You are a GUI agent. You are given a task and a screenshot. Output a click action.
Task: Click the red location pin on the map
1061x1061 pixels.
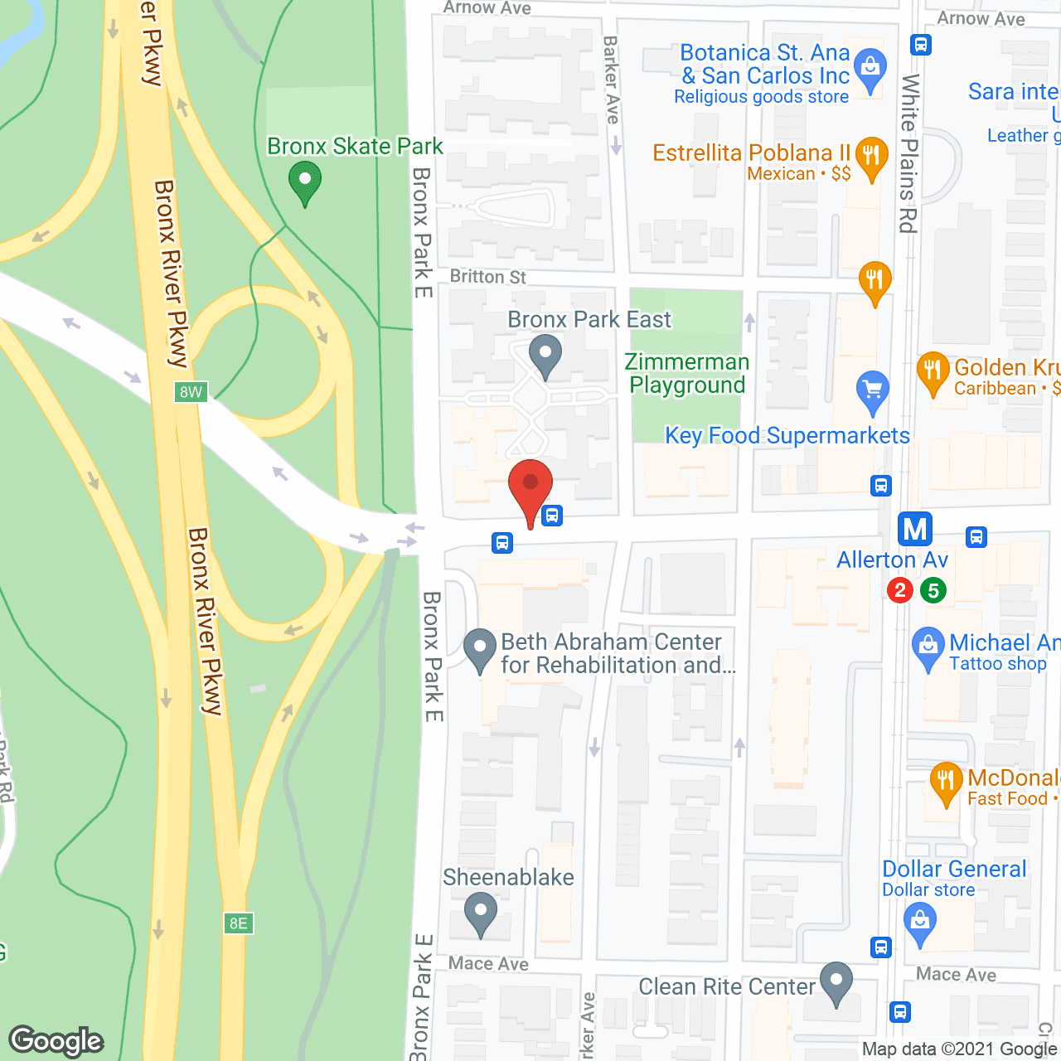530,487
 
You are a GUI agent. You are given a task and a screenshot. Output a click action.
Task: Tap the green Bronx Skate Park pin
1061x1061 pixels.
304,182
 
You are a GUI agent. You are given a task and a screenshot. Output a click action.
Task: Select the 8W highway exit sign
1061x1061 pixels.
191,392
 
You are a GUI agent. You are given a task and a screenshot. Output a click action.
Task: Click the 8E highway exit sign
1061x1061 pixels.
238,923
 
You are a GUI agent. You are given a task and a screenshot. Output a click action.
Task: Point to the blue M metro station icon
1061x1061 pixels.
915,529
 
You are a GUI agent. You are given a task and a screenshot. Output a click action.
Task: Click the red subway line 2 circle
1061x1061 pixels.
900,590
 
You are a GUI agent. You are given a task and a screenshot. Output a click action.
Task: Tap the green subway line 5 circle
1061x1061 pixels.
933,590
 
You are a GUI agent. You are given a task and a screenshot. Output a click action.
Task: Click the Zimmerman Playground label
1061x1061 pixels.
686,374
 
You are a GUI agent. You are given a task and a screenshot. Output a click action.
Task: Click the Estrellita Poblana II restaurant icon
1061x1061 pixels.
870,157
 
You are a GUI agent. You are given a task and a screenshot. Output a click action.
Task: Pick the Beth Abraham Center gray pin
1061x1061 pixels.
479,649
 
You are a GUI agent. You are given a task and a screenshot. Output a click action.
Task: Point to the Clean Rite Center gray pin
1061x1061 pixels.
836,982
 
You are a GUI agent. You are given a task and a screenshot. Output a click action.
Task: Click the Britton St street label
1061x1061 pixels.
487,277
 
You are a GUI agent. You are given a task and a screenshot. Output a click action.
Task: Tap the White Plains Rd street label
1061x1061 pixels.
909,153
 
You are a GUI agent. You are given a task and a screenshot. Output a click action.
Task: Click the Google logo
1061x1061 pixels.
56,1041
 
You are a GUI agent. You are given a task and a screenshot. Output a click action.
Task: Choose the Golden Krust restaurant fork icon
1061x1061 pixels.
933,372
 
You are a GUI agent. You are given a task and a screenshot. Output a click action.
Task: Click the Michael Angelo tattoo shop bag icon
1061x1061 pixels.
928,647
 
